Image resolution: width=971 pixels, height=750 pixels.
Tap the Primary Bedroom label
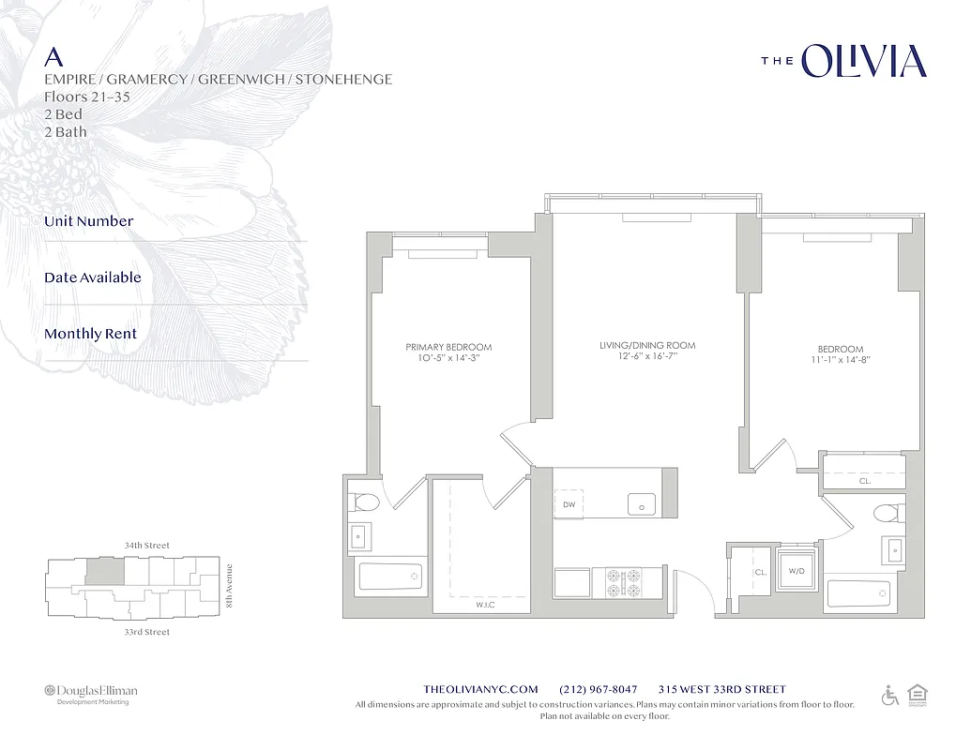point(448,347)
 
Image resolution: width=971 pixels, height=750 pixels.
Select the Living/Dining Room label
point(647,346)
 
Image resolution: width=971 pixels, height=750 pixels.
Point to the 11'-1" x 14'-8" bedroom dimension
point(839,359)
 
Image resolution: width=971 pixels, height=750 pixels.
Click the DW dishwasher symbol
point(569,503)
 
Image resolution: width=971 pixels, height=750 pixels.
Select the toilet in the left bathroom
point(365,502)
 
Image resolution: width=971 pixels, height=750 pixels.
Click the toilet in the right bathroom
point(886,513)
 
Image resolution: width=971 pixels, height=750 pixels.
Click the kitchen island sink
point(642,503)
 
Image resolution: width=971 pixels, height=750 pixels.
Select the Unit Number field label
point(88,221)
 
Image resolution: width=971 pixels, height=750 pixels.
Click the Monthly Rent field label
point(90,334)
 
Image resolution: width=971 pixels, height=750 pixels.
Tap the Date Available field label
point(92,277)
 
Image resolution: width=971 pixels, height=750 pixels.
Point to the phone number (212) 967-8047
point(598,689)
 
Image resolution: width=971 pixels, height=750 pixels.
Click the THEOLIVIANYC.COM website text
point(481,689)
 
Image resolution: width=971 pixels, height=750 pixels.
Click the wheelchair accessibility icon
point(889,696)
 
